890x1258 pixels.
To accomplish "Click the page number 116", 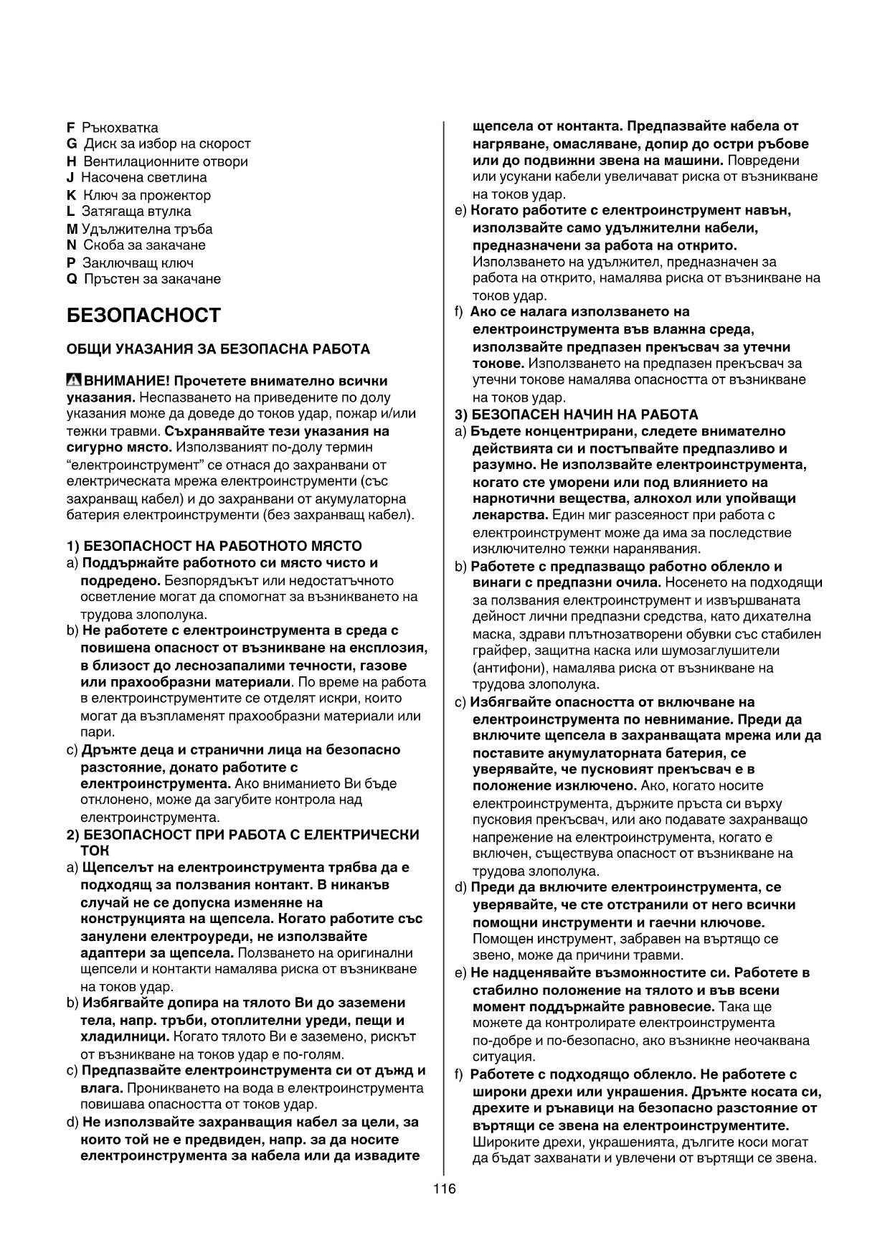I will tap(445, 1188).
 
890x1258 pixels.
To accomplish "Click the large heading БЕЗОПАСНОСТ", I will tap(143, 316).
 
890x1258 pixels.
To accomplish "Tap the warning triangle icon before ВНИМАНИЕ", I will tap(74, 380).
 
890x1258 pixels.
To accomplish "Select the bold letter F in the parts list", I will tap(70, 128).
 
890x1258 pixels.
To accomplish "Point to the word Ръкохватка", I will tap(120, 128).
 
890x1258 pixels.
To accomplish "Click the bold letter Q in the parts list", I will tap(71, 279).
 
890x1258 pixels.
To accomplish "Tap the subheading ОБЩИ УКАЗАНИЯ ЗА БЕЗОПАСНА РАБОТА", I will tap(218, 349).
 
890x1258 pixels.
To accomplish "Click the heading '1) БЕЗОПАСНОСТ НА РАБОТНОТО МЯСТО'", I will tap(214, 546).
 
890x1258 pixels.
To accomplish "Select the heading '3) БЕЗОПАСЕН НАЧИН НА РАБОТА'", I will tap(577, 415).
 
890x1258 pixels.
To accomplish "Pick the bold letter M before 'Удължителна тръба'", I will tap(72, 229).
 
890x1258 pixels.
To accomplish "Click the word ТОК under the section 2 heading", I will tap(95, 851).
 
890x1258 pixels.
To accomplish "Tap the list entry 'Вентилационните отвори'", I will tap(165, 161).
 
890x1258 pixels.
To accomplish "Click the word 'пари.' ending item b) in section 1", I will tap(97, 732).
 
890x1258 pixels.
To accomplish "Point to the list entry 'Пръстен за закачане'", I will tap(152, 279).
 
